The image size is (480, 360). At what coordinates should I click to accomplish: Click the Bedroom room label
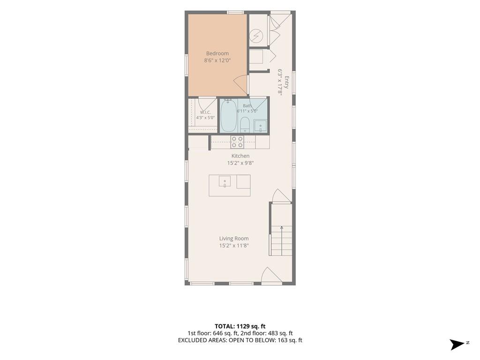click(217, 53)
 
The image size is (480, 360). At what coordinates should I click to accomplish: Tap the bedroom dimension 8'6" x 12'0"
click(217, 60)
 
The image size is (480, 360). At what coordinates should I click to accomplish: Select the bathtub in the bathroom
click(228, 115)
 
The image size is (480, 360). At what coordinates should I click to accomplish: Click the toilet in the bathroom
click(245, 125)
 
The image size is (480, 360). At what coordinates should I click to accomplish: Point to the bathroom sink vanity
click(261, 126)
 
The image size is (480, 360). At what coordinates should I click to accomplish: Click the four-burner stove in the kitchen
click(237, 142)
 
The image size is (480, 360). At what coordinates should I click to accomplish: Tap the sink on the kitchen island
click(225, 181)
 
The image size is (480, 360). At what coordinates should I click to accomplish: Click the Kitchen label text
click(240, 156)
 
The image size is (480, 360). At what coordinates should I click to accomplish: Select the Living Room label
click(234, 239)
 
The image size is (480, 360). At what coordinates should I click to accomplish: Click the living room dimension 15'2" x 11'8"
click(234, 246)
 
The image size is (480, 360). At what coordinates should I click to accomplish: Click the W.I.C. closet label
click(205, 112)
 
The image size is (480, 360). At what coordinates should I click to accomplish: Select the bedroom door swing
click(240, 84)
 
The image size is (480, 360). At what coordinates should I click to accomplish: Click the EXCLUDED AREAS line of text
click(240, 340)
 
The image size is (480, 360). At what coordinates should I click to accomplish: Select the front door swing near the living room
click(271, 275)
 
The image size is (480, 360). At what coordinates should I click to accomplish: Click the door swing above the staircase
click(281, 195)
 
